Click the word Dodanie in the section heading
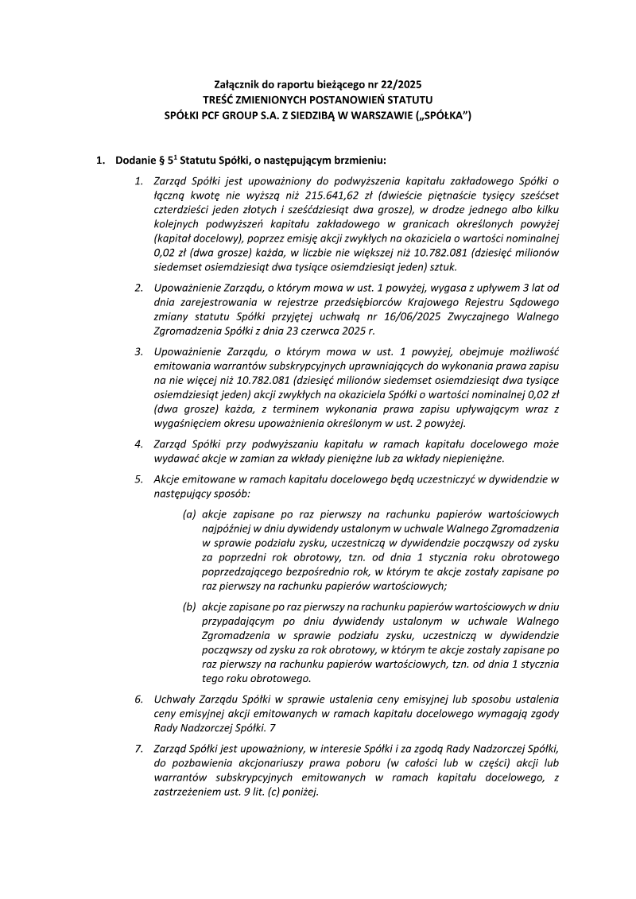click(x=134, y=161)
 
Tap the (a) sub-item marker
click(x=189, y=513)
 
